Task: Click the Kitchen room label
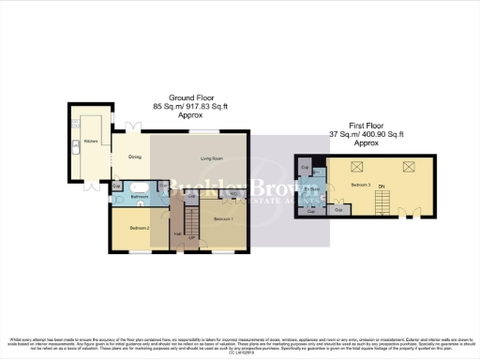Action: point(91,141)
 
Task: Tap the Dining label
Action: point(135,157)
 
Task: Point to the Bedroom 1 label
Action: point(223,218)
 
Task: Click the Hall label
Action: point(178,234)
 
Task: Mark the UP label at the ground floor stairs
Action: point(191,238)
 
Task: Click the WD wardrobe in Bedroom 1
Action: point(232,194)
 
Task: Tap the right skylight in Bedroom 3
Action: point(409,167)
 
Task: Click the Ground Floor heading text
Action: point(191,97)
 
